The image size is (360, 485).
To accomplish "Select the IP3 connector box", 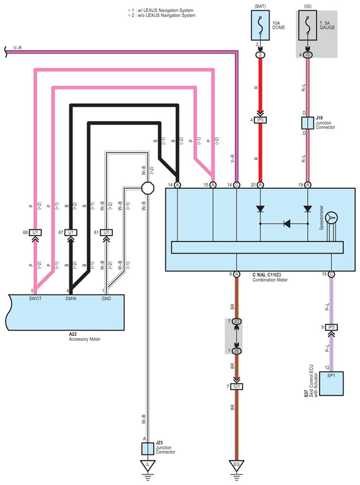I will (260, 120).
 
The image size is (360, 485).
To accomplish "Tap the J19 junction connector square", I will (307, 123).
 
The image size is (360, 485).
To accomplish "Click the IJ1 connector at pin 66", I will (35, 233).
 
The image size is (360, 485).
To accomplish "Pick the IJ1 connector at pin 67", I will (71, 233).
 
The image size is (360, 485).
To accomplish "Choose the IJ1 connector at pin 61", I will (106, 233).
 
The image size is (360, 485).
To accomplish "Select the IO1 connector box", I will (237, 386).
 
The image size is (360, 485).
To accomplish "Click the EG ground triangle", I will (237, 465).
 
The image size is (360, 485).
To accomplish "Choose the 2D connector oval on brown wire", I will (237, 321).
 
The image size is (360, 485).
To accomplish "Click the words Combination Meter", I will (270, 279).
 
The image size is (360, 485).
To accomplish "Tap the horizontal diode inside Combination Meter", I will (287, 224).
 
